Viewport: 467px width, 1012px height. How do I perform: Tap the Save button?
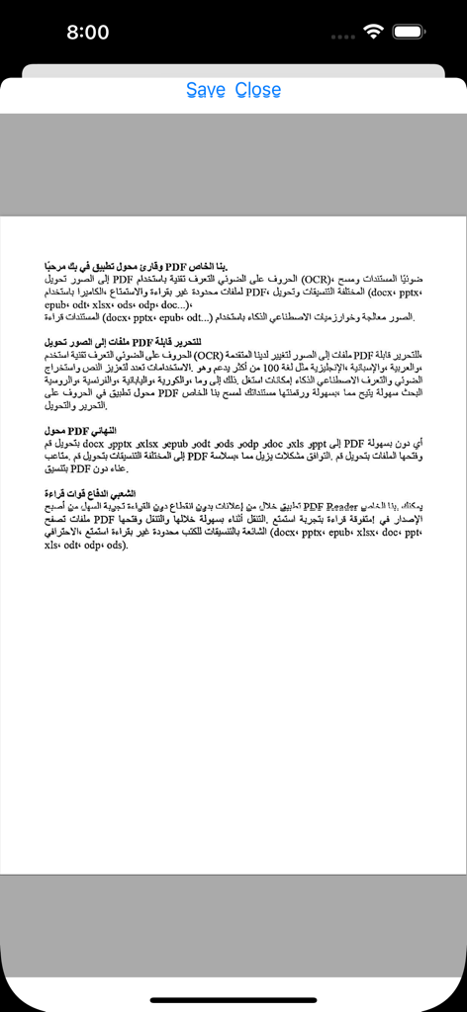[x=205, y=90]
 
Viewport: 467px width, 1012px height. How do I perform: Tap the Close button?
[x=258, y=90]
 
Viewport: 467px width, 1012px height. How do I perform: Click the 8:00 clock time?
[x=88, y=32]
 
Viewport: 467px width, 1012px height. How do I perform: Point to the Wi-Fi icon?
[x=373, y=32]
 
